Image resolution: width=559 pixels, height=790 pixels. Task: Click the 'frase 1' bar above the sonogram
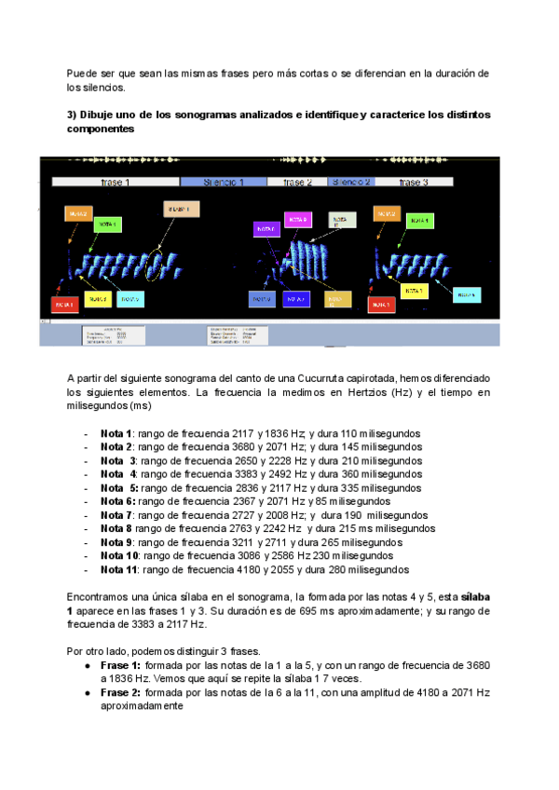coord(115,183)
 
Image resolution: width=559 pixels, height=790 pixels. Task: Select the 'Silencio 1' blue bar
coord(224,183)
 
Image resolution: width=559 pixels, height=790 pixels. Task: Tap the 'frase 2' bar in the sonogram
coord(297,183)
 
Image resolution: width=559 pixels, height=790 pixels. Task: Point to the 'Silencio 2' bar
coord(351,183)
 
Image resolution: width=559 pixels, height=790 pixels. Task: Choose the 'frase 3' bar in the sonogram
coord(414,183)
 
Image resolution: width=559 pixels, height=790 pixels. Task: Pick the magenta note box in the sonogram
coord(297,220)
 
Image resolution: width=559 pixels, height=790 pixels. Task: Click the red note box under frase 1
coord(64,305)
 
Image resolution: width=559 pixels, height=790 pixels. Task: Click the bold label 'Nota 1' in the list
coord(118,434)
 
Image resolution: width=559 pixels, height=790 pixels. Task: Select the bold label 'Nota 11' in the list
coord(121,569)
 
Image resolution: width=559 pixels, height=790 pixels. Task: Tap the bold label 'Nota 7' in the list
coord(118,515)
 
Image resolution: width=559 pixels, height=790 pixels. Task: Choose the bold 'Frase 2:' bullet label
coord(121,693)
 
